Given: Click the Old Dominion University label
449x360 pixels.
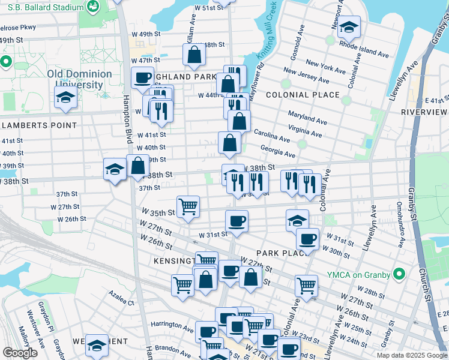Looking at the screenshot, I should pyautogui.click(x=79, y=79).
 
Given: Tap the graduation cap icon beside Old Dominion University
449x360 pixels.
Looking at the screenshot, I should pyautogui.click(x=65, y=98).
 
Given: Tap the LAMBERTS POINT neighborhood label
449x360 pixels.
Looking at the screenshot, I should pyautogui.click(x=40, y=125).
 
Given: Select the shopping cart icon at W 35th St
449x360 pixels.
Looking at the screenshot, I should pyautogui.click(x=188, y=206).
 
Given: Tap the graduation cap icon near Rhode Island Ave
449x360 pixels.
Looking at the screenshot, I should pyautogui.click(x=349, y=28).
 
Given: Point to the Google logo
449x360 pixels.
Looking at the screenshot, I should pyautogui.click(x=20, y=352).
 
